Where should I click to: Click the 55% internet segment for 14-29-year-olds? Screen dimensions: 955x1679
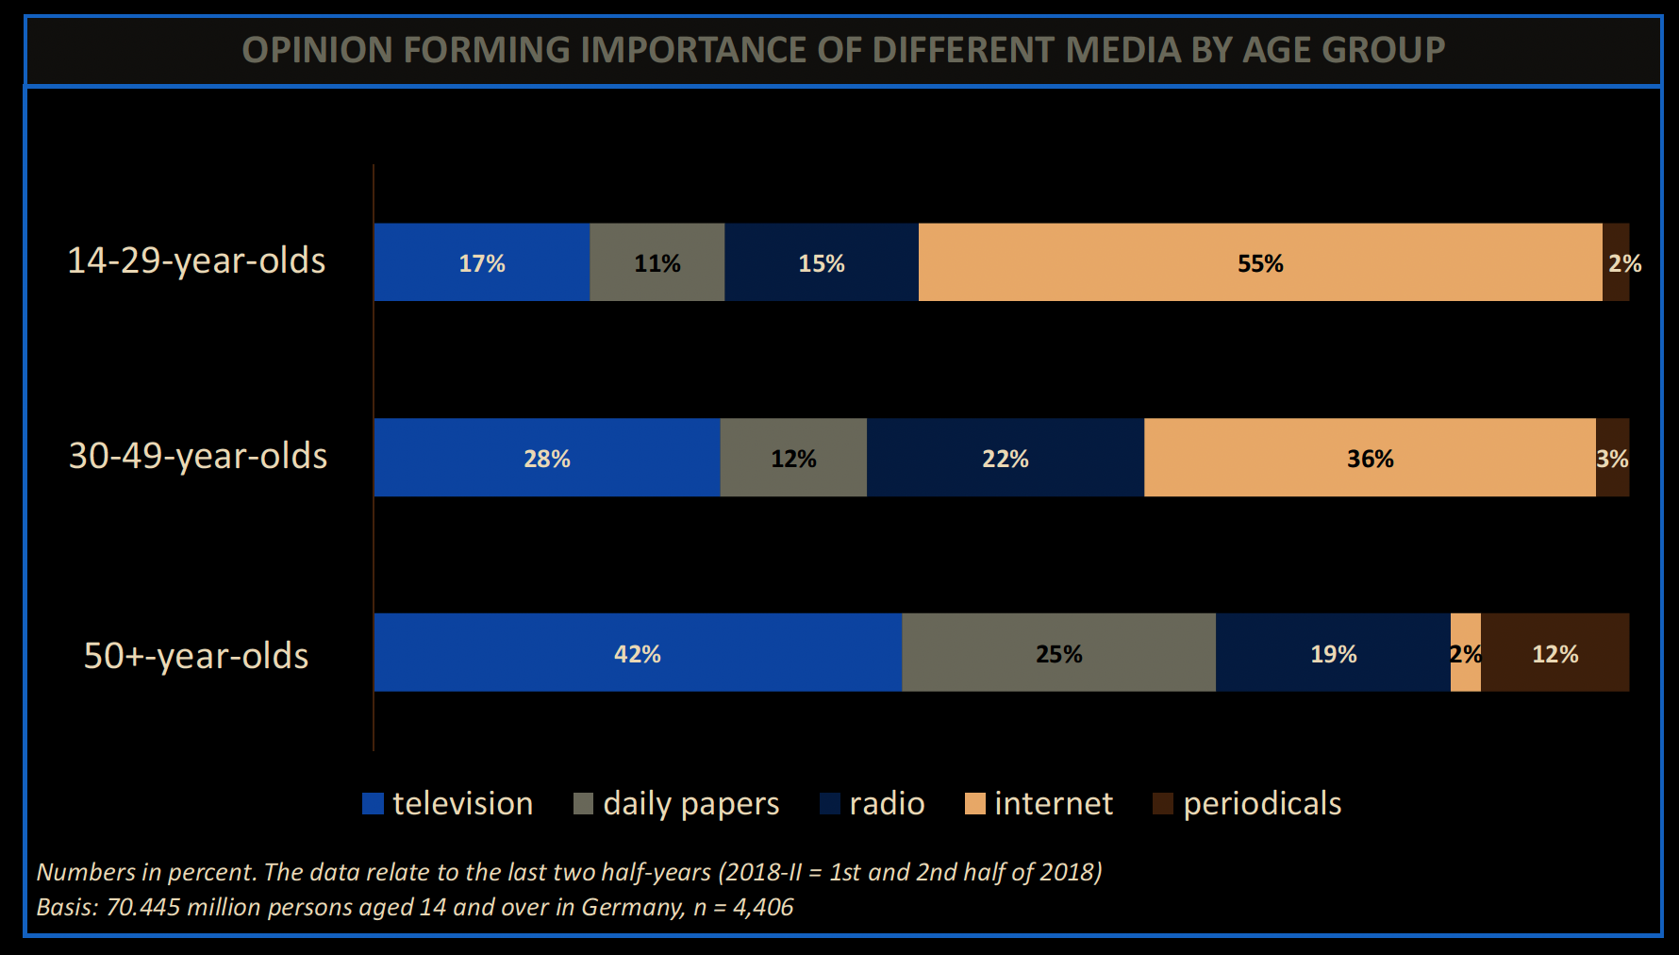pos(1260,262)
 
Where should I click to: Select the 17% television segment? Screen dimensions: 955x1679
pos(482,262)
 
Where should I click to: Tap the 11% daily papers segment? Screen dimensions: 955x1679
pos(657,262)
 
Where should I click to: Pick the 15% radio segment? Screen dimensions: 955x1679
pos(821,262)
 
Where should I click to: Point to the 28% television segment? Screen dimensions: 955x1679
pos(547,458)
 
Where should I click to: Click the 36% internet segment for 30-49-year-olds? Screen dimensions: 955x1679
pos(1370,458)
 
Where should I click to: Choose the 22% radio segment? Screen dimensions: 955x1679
pos(1006,458)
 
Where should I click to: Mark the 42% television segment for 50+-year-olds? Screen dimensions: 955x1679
pos(638,653)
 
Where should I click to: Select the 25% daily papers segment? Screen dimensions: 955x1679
pos(1058,653)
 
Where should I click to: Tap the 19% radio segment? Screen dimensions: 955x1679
pos(1333,653)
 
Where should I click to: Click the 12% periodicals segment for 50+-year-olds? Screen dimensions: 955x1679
pos(1554,653)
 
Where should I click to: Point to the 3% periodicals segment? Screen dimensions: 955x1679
pos(1612,458)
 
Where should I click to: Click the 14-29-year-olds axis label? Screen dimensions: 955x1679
pos(196,260)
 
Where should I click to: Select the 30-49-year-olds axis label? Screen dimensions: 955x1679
pos(198,456)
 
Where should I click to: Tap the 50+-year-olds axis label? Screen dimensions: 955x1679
pos(196,656)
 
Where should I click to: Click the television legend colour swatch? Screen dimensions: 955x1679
pos(374,804)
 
